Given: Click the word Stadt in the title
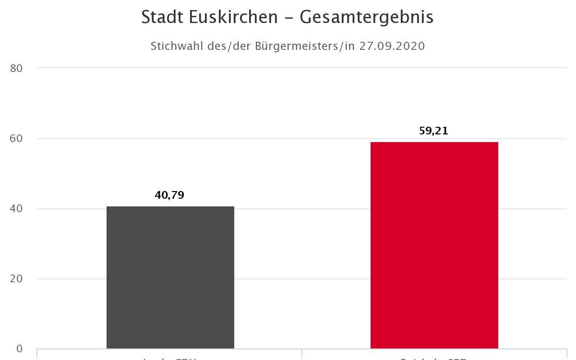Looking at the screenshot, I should coord(162,17).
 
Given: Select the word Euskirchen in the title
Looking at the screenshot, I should coord(233,17).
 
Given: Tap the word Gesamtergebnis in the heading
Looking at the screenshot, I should coord(367,17).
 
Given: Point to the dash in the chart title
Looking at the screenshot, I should coord(289,18).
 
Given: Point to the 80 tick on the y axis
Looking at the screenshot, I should coord(16,68).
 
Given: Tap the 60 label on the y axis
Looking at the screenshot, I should coord(16,138).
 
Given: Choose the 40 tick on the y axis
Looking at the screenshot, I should coord(16,209).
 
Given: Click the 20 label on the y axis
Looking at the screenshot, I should coord(16,279).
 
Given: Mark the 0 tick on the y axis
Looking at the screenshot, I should coord(19,349).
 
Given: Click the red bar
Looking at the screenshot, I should coord(434,245).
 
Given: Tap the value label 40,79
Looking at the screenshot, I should coord(169,195).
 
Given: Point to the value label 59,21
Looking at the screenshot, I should coord(433,131).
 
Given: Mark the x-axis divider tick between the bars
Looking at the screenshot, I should coord(302,354).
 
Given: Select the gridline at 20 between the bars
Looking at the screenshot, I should coord(302,279).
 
